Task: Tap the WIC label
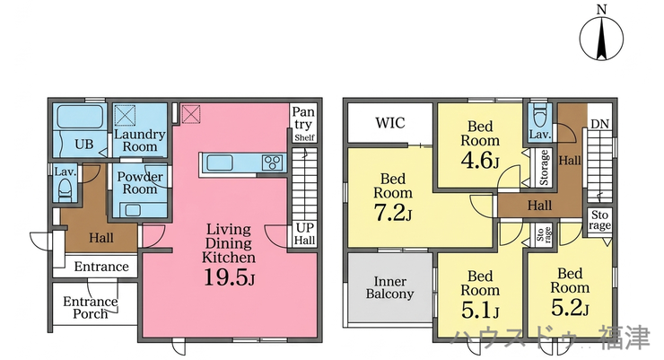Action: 390,123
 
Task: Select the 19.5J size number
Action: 230,277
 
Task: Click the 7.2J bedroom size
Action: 393,213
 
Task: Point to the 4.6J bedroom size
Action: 480,161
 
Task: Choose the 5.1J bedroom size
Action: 480,311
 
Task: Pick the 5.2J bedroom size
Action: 570,308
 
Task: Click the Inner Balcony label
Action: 390,287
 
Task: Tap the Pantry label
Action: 303,119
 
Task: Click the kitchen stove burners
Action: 272,162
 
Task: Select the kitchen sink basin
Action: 219,162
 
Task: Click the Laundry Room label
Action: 140,141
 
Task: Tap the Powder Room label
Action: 140,182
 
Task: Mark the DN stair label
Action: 599,124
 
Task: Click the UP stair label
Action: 305,228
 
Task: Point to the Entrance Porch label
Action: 91,308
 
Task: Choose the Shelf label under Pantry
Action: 305,137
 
